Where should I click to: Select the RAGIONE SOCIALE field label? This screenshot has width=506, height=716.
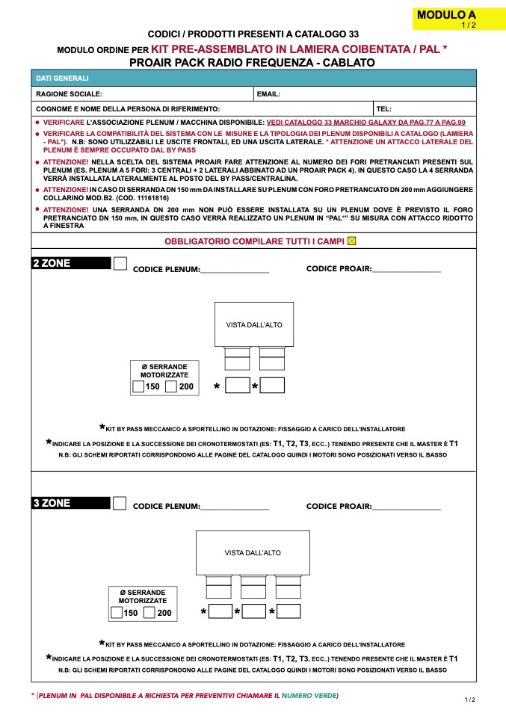[x=69, y=94]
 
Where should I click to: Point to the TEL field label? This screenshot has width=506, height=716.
[x=384, y=109]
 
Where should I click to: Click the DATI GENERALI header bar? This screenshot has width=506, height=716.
[x=254, y=78]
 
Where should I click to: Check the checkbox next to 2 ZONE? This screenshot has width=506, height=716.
[x=120, y=264]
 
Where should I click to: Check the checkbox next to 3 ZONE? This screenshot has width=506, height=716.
[x=120, y=503]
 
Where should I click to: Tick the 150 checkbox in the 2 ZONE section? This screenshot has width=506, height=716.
[x=138, y=386]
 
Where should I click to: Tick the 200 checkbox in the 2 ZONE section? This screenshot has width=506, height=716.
[x=171, y=386]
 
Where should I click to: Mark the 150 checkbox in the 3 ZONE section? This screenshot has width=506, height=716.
[x=117, y=613]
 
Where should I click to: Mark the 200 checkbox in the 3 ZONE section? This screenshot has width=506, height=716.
[x=149, y=613]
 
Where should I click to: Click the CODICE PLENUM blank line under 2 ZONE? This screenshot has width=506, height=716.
[x=235, y=269]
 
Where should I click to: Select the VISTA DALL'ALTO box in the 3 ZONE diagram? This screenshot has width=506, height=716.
[x=253, y=552]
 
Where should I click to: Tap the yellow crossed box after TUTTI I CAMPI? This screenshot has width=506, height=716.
[x=352, y=241]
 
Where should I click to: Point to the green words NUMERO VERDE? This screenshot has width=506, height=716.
[x=309, y=696]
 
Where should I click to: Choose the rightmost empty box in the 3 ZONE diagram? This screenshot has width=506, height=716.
[x=289, y=611]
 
